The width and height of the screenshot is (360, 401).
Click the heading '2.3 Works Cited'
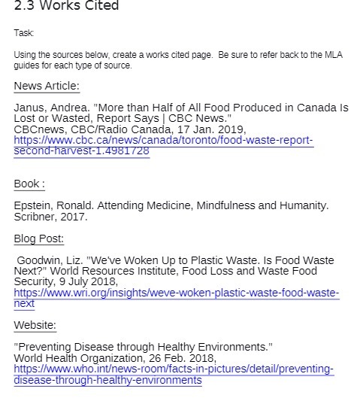point(66,7)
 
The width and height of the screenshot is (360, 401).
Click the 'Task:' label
point(24,33)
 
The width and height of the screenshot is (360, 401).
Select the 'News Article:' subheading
point(47,86)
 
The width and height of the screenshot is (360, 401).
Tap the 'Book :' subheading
point(29,184)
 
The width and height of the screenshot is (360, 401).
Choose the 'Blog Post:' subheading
point(38,238)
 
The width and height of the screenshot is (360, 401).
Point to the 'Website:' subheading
point(35,325)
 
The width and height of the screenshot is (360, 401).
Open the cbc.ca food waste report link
point(163,141)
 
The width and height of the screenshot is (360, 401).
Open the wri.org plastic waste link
point(176,293)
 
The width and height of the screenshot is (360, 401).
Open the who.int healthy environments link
point(174,369)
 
